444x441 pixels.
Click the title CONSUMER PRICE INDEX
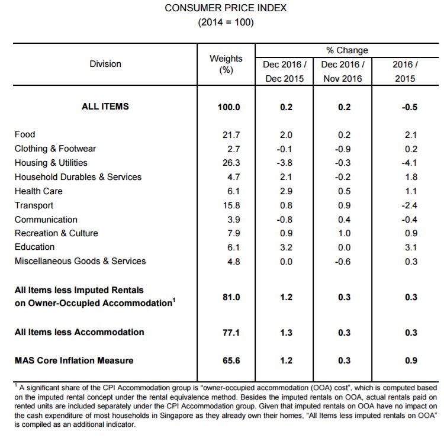(x=226, y=8)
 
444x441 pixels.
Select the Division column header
(x=105, y=64)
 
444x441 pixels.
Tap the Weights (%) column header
(x=226, y=64)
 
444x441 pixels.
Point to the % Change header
(x=347, y=50)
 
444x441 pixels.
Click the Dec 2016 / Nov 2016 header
(x=343, y=72)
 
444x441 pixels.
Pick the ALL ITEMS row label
(x=105, y=107)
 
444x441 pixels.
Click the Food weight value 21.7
(x=231, y=135)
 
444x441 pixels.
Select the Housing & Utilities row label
(x=51, y=163)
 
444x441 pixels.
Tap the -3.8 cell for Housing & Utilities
(x=285, y=163)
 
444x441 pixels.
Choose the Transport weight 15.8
(x=231, y=205)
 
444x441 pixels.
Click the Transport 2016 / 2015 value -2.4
(x=410, y=205)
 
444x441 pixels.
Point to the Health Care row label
(x=38, y=191)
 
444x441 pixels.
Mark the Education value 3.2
(x=286, y=247)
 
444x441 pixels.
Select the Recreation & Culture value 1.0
(x=345, y=233)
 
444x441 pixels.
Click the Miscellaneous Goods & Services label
(x=80, y=261)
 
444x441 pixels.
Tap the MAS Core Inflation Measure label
(x=74, y=360)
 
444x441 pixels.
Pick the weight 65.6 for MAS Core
(x=231, y=360)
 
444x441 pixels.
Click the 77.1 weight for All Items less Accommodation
(x=231, y=332)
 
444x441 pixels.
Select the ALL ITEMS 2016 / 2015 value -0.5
(x=410, y=107)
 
